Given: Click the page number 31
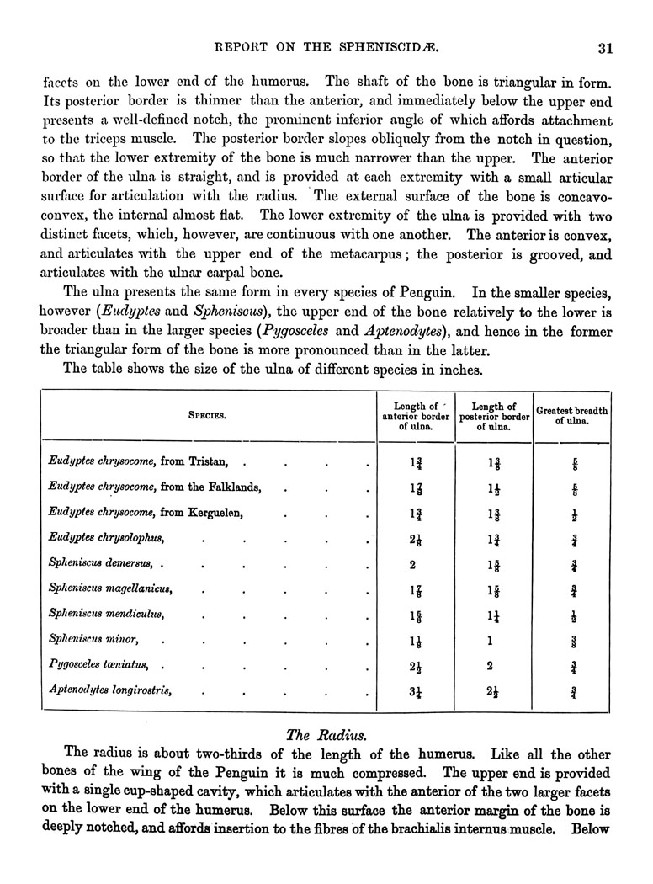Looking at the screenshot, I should point(603,48).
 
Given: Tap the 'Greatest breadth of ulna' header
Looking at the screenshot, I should point(572,415).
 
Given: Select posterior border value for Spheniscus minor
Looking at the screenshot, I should point(490,638).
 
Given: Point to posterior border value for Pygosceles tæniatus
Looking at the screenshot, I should point(490,664).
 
